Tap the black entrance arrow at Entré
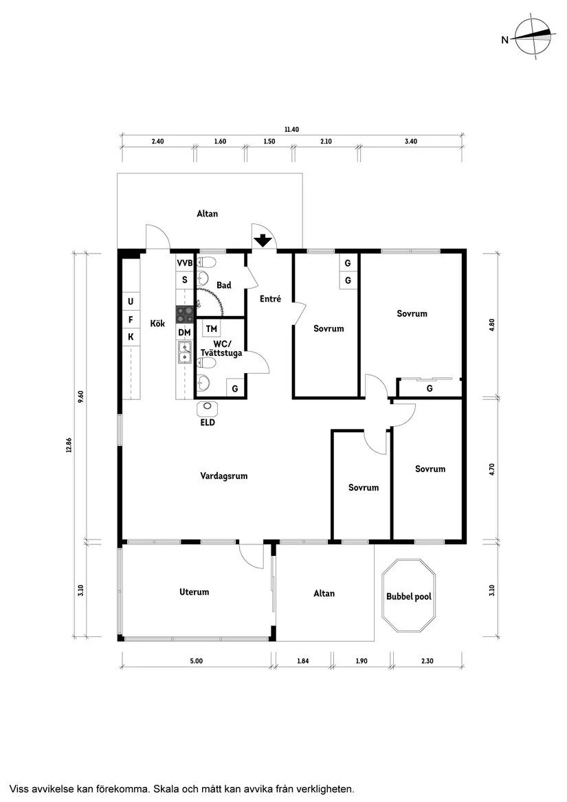(263, 241)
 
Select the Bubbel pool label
(408, 597)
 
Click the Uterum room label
(194, 592)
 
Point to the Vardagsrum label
(224, 476)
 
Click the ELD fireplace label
(208, 422)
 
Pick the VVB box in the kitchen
(185, 263)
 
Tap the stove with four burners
(185, 315)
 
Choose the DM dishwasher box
(184, 333)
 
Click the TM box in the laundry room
(212, 329)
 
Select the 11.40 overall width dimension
(291, 129)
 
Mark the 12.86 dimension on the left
(69, 445)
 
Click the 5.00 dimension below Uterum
(196, 661)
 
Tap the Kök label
(157, 323)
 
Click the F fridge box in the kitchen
(131, 319)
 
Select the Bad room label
(223, 285)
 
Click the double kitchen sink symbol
(185, 353)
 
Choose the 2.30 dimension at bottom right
(427, 661)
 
